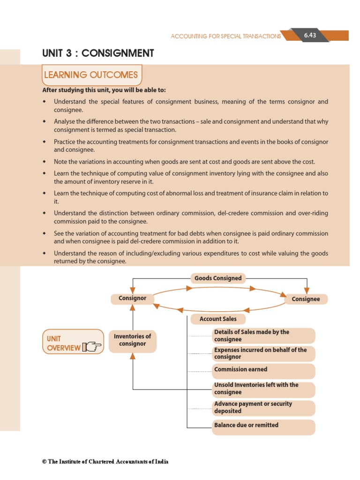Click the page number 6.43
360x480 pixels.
pos(310,36)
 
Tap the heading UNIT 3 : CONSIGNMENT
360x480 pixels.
pos(98,53)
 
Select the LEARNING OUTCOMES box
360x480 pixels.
pos(91,75)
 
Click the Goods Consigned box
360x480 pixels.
pos(218,278)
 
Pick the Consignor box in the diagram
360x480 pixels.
pos(132,298)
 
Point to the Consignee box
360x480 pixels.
pos(306,299)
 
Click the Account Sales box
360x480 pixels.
pos(218,319)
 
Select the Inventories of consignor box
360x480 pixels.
pos(132,340)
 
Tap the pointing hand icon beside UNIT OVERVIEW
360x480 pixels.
pos(91,347)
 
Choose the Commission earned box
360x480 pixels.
pos(263,370)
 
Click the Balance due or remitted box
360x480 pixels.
pos(263,426)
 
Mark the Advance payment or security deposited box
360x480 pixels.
pos(263,407)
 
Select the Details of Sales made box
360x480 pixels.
pos(263,336)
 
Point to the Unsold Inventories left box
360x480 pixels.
pos(263,389)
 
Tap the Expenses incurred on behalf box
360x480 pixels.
pos(263,353)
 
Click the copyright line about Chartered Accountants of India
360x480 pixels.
pos(105,462)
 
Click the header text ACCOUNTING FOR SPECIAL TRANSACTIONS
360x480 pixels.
pos(226,36)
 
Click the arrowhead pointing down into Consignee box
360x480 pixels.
pos(307,291)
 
